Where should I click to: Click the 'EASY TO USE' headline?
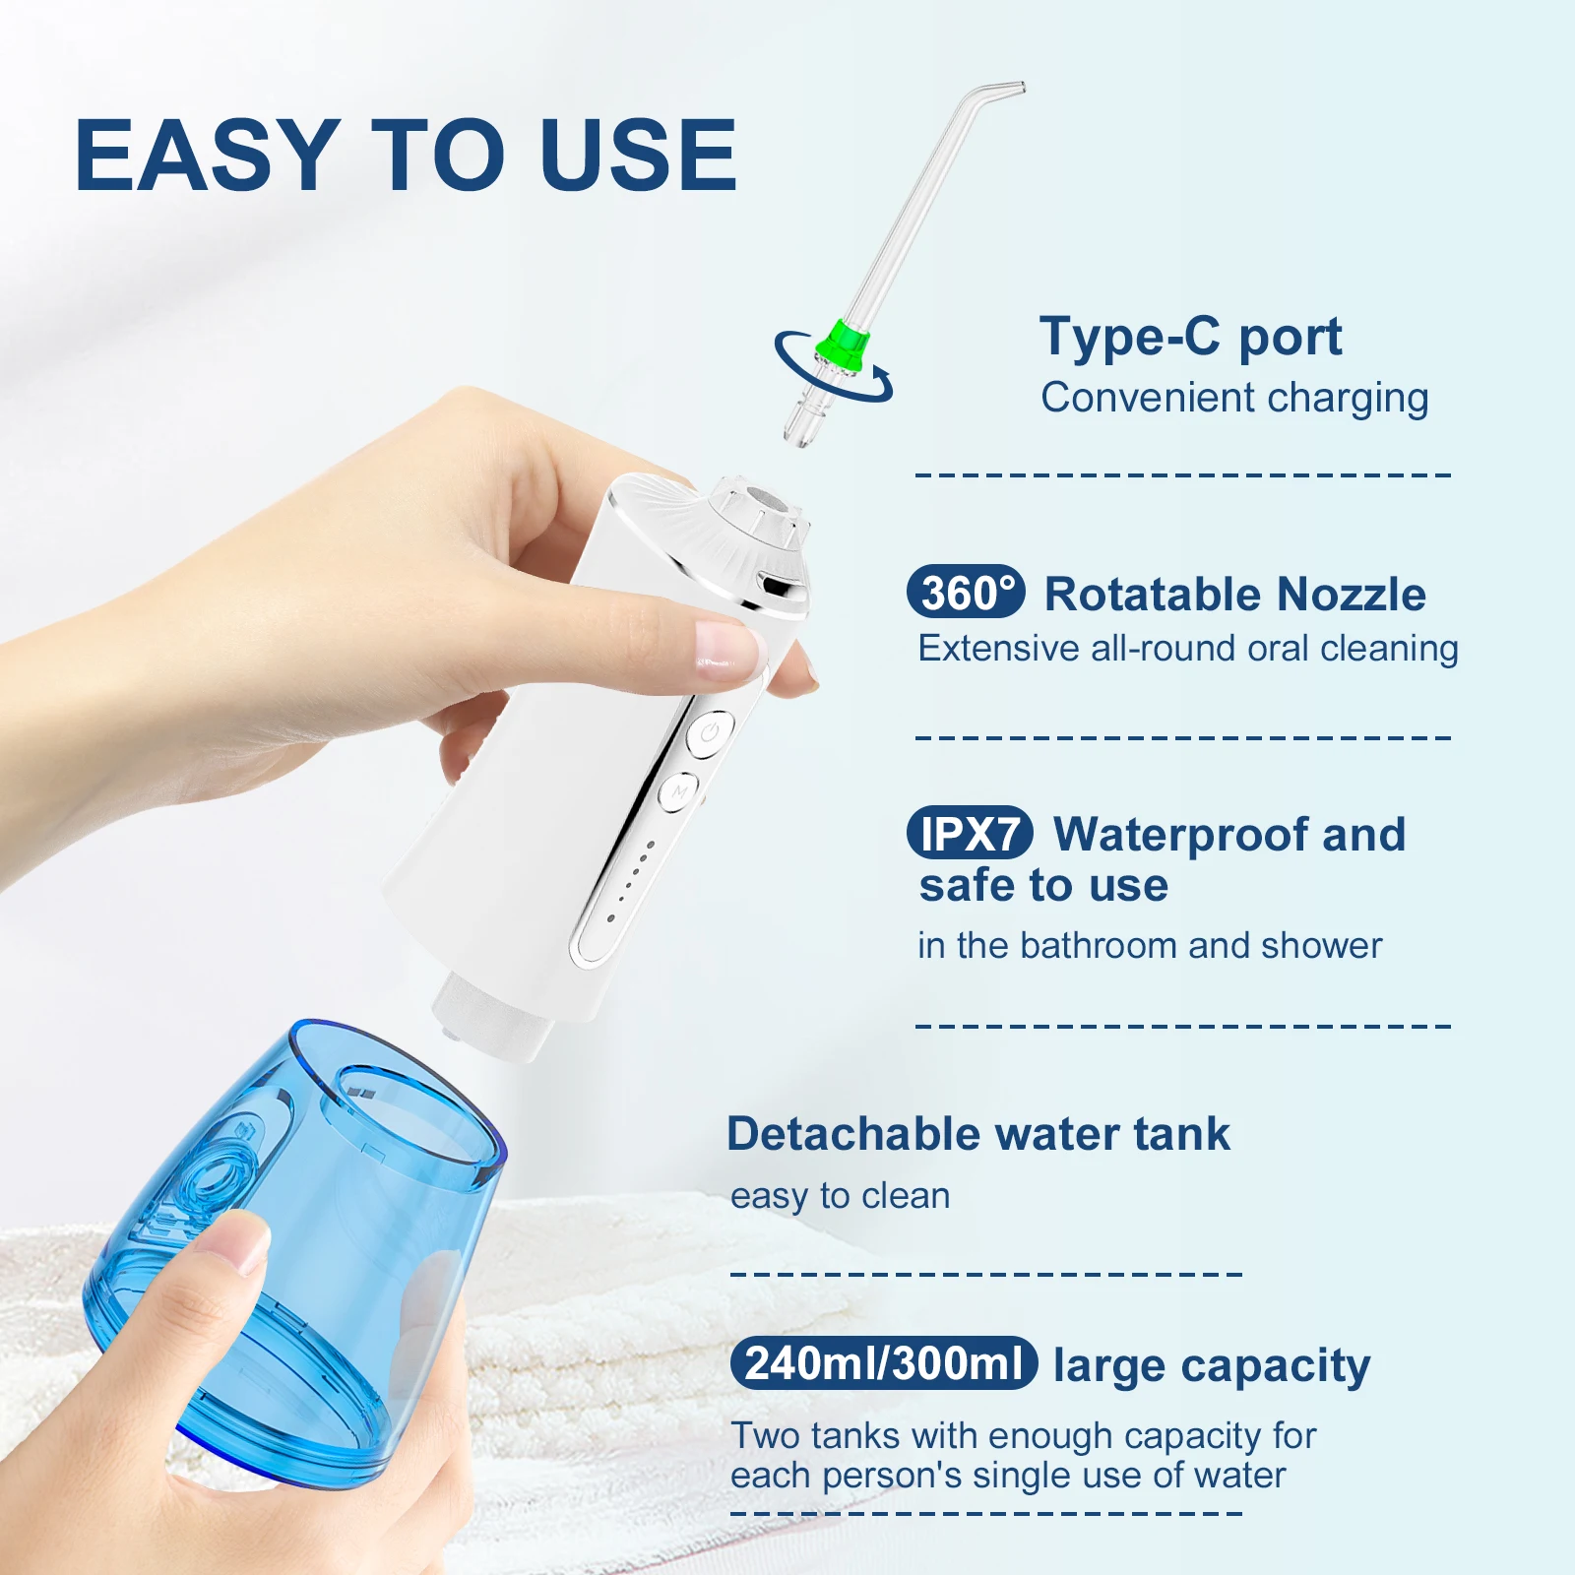tap(406, 156)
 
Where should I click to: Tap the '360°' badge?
tap(966, 593)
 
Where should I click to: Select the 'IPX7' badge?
tap(970, 834)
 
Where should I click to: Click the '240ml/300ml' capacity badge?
tap(884, 1363)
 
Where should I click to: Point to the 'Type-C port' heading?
tap(1190, 338)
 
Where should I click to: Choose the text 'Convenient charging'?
tap(1234, 399)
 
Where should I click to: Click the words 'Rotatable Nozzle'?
tap(1234, 595)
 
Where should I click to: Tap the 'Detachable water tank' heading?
tap(977, 1134)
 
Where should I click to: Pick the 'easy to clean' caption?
tap(840, 1196)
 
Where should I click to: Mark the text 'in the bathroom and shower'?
tap(1149, 946)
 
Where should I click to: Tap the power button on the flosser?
tap(710, 733)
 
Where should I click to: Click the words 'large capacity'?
tap(1211, 1365)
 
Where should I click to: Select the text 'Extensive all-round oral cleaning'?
tap(1187, 650)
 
